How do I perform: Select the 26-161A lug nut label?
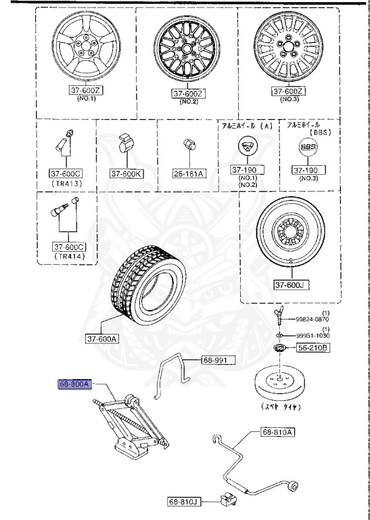pyautogui.click(x=189, y=173)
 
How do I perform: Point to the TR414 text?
pyautogui.click(x=68, y=257)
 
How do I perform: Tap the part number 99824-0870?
pyautogui.click(x=312, y=319)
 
